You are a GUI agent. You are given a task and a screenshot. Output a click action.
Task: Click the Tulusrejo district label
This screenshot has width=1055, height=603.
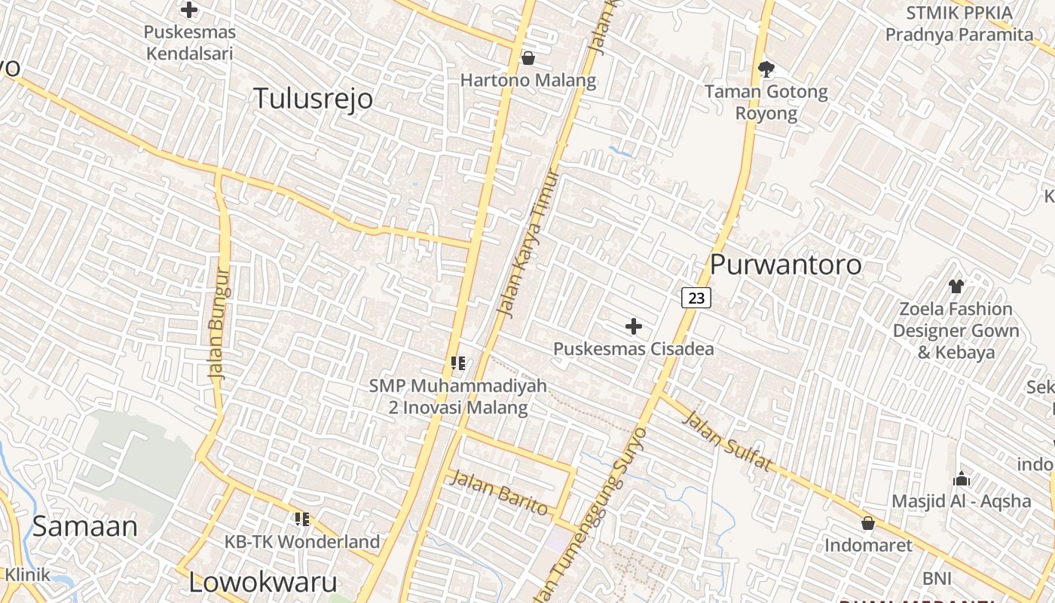pos(313,99)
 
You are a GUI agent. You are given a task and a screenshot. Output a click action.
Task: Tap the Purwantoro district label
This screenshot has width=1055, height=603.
pos(786,265)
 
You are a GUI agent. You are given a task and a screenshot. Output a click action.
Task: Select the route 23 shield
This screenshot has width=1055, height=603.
pos(696,298)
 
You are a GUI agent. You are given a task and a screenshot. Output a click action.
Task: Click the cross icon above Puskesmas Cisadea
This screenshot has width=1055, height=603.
pos(634,326)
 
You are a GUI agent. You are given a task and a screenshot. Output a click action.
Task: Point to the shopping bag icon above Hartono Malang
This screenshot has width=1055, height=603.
pos(528,58)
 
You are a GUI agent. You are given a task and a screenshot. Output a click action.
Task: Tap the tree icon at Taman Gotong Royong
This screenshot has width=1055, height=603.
pos(766,69)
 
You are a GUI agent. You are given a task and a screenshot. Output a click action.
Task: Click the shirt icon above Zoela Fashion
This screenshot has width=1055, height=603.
pos(956,286)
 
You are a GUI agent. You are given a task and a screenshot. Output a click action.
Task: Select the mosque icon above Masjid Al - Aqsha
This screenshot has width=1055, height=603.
pos(961,479)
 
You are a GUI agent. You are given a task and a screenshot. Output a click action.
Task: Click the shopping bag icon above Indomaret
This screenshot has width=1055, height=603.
pos(868,522)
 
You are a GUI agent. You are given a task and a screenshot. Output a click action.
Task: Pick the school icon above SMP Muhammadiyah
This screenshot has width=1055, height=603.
pos(457,363)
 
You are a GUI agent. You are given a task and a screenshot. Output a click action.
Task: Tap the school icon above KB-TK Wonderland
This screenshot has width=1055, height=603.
pos(302,519)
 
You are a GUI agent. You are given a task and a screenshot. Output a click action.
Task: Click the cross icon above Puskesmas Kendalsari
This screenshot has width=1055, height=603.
pos(189,11)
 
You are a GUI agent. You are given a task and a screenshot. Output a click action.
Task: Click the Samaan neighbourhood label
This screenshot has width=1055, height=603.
pos(84,526)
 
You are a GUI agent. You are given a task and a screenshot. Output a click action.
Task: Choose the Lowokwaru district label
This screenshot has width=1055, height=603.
pos(262,582)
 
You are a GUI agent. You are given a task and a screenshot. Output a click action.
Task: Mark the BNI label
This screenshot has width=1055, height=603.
pos(937,579)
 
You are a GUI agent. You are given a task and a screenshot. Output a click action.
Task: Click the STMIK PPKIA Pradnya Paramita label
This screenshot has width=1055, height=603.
pos(959,23)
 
